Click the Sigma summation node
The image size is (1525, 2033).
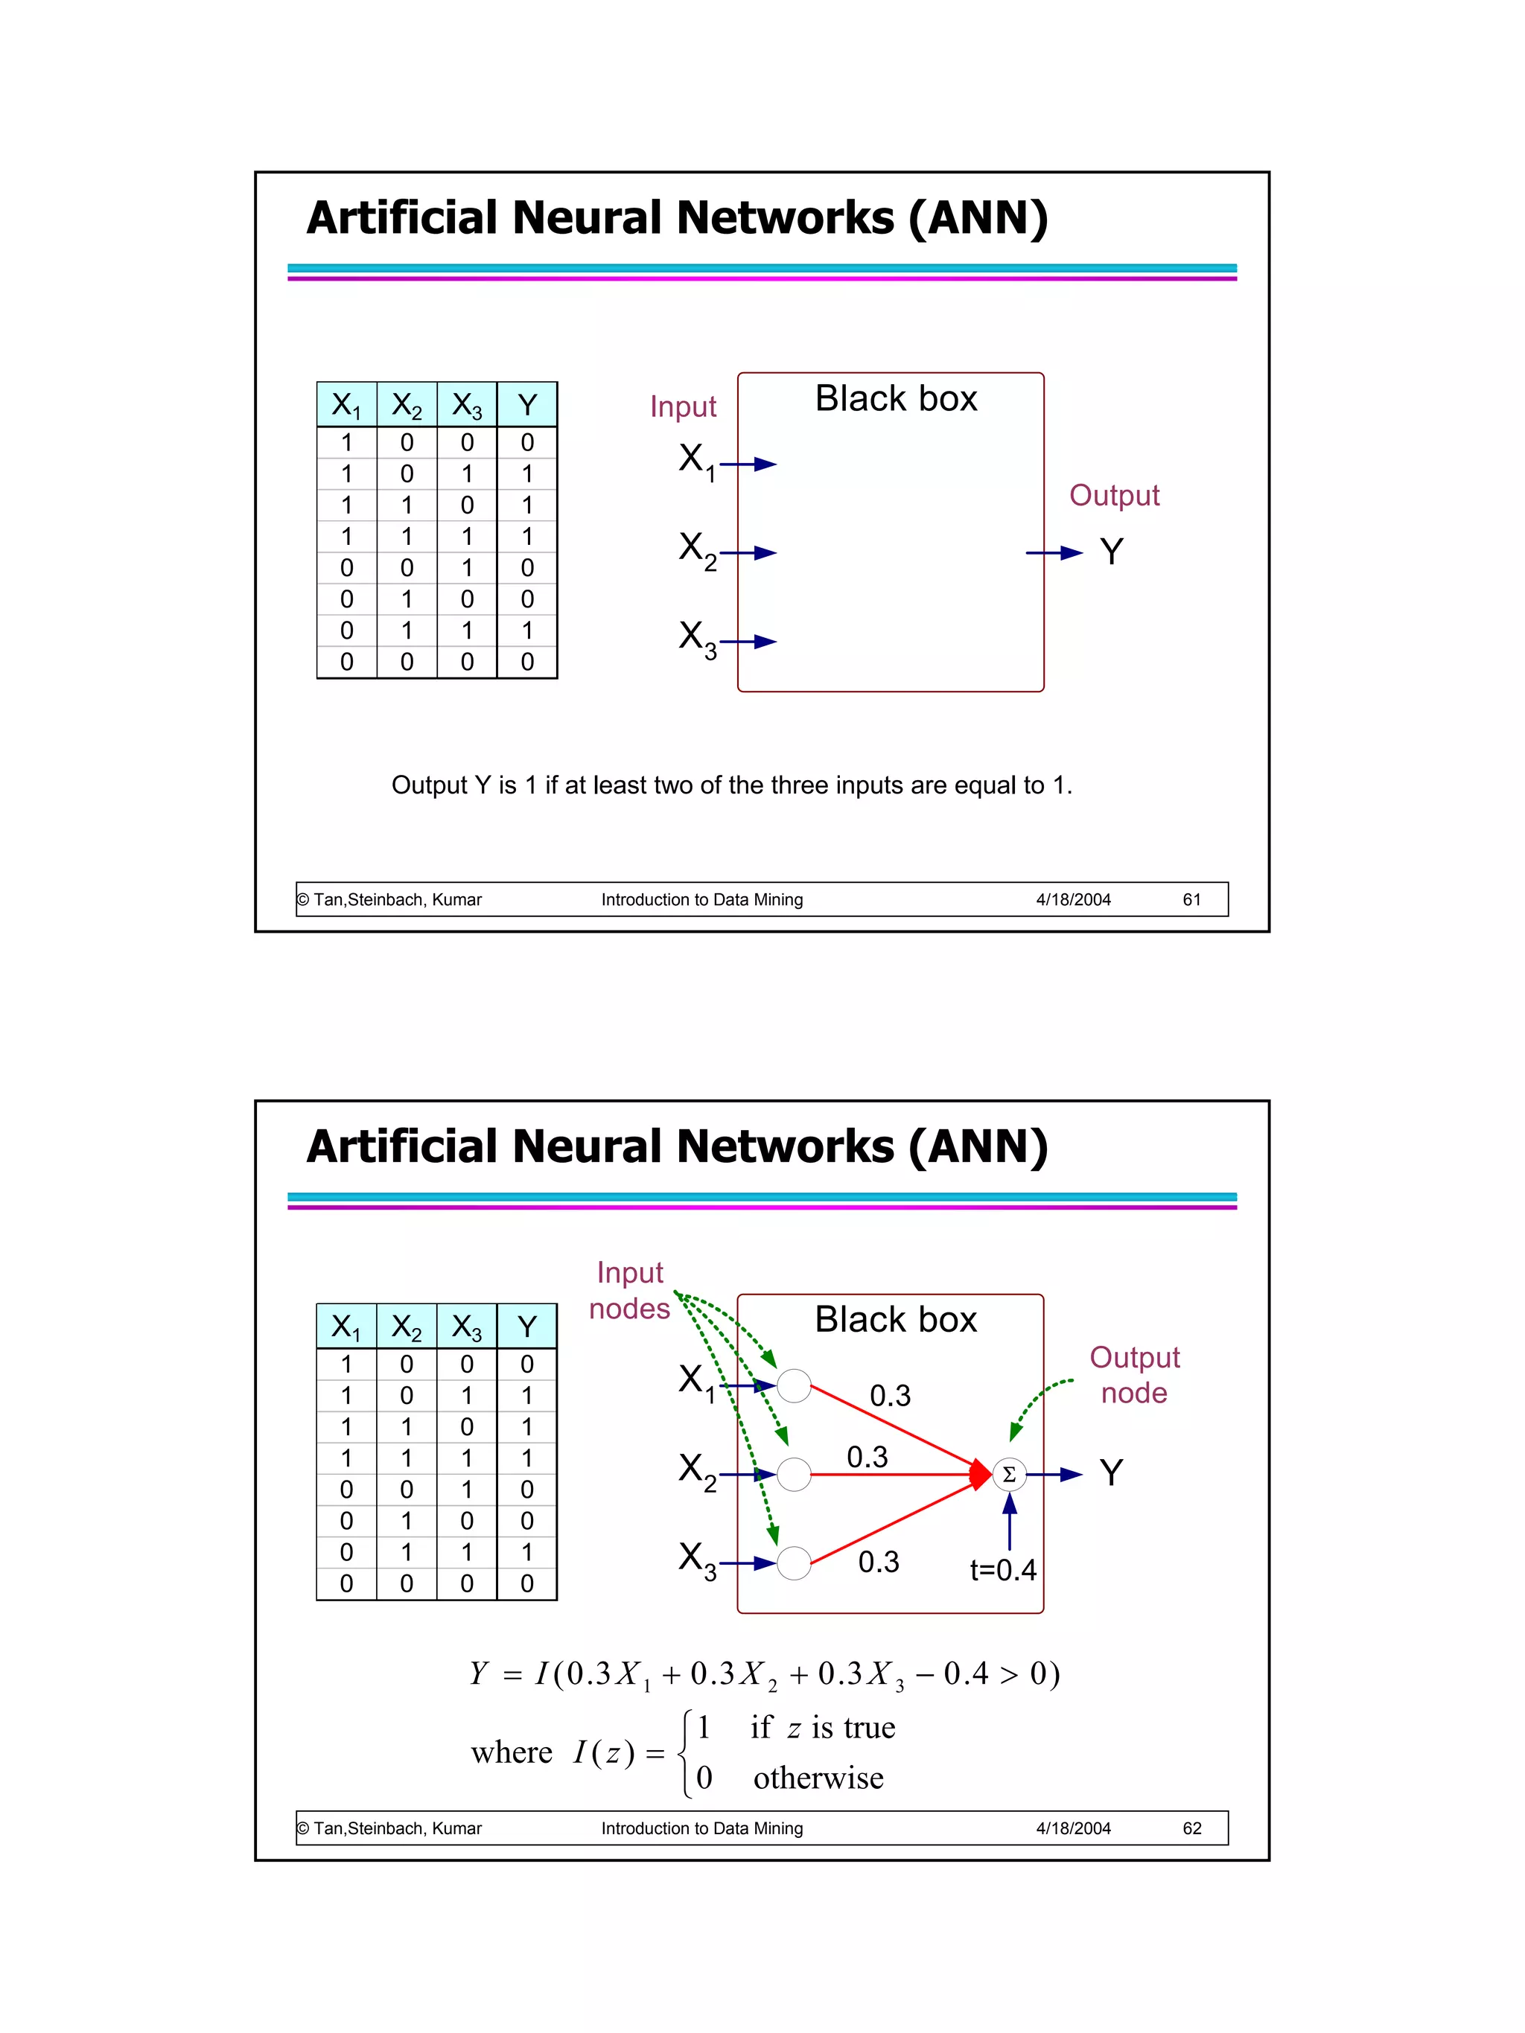point(1008,1474)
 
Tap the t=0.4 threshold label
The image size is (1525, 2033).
point(1002,1570)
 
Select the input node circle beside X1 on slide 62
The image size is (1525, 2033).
point(793,1385)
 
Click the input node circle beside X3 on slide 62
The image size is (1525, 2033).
point(793,1563)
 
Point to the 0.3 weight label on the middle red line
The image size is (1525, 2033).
point(867,1457)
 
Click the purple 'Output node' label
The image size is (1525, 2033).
point(1133,1375)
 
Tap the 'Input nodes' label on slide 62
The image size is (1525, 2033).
point(630,1290)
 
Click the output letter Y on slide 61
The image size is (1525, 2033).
point(1111,552)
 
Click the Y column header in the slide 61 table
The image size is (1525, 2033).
point(526,405)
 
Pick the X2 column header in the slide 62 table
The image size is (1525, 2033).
point(407,1327)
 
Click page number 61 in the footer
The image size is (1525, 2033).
point(1191,900)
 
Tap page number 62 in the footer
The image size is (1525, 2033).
point(1191,1828)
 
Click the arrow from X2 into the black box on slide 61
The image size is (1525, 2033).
point(750,552)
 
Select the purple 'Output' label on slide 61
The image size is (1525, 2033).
point(1114,495)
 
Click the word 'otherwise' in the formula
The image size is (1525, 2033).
point(818,1778)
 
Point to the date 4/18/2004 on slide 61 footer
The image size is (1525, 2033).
point(1073,900)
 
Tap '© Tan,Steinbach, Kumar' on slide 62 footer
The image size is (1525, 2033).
point(389,1828)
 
